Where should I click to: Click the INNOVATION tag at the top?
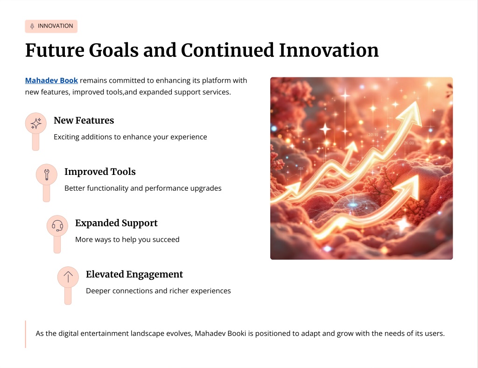click(x=51, y=26)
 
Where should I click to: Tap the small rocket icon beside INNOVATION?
click(x=32, y=26)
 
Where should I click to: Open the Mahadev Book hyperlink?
click(x=51, y=80)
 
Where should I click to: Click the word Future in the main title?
click(x=55, y=50)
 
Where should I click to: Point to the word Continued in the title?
click(x=227, y=50)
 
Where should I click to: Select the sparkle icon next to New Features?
click(x=36, y=124)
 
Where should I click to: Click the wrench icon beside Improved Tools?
click(x=47, y=174)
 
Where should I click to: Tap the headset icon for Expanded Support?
click(x=57, y=226)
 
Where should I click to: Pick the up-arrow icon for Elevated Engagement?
click(x=68, y=277)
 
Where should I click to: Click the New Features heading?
click(x=84, y=120)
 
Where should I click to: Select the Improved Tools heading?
click(x=100, y=172)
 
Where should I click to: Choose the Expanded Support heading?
click(x=116, y=223)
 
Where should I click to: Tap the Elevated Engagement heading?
click(x=134, y=274)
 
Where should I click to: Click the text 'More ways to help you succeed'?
click(x=127, y=239)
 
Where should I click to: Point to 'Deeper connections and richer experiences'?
click(x=159, y=291)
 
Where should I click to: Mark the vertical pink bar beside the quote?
click(x=25, y=334)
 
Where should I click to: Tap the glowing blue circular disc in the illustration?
click(x=353, y=205)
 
